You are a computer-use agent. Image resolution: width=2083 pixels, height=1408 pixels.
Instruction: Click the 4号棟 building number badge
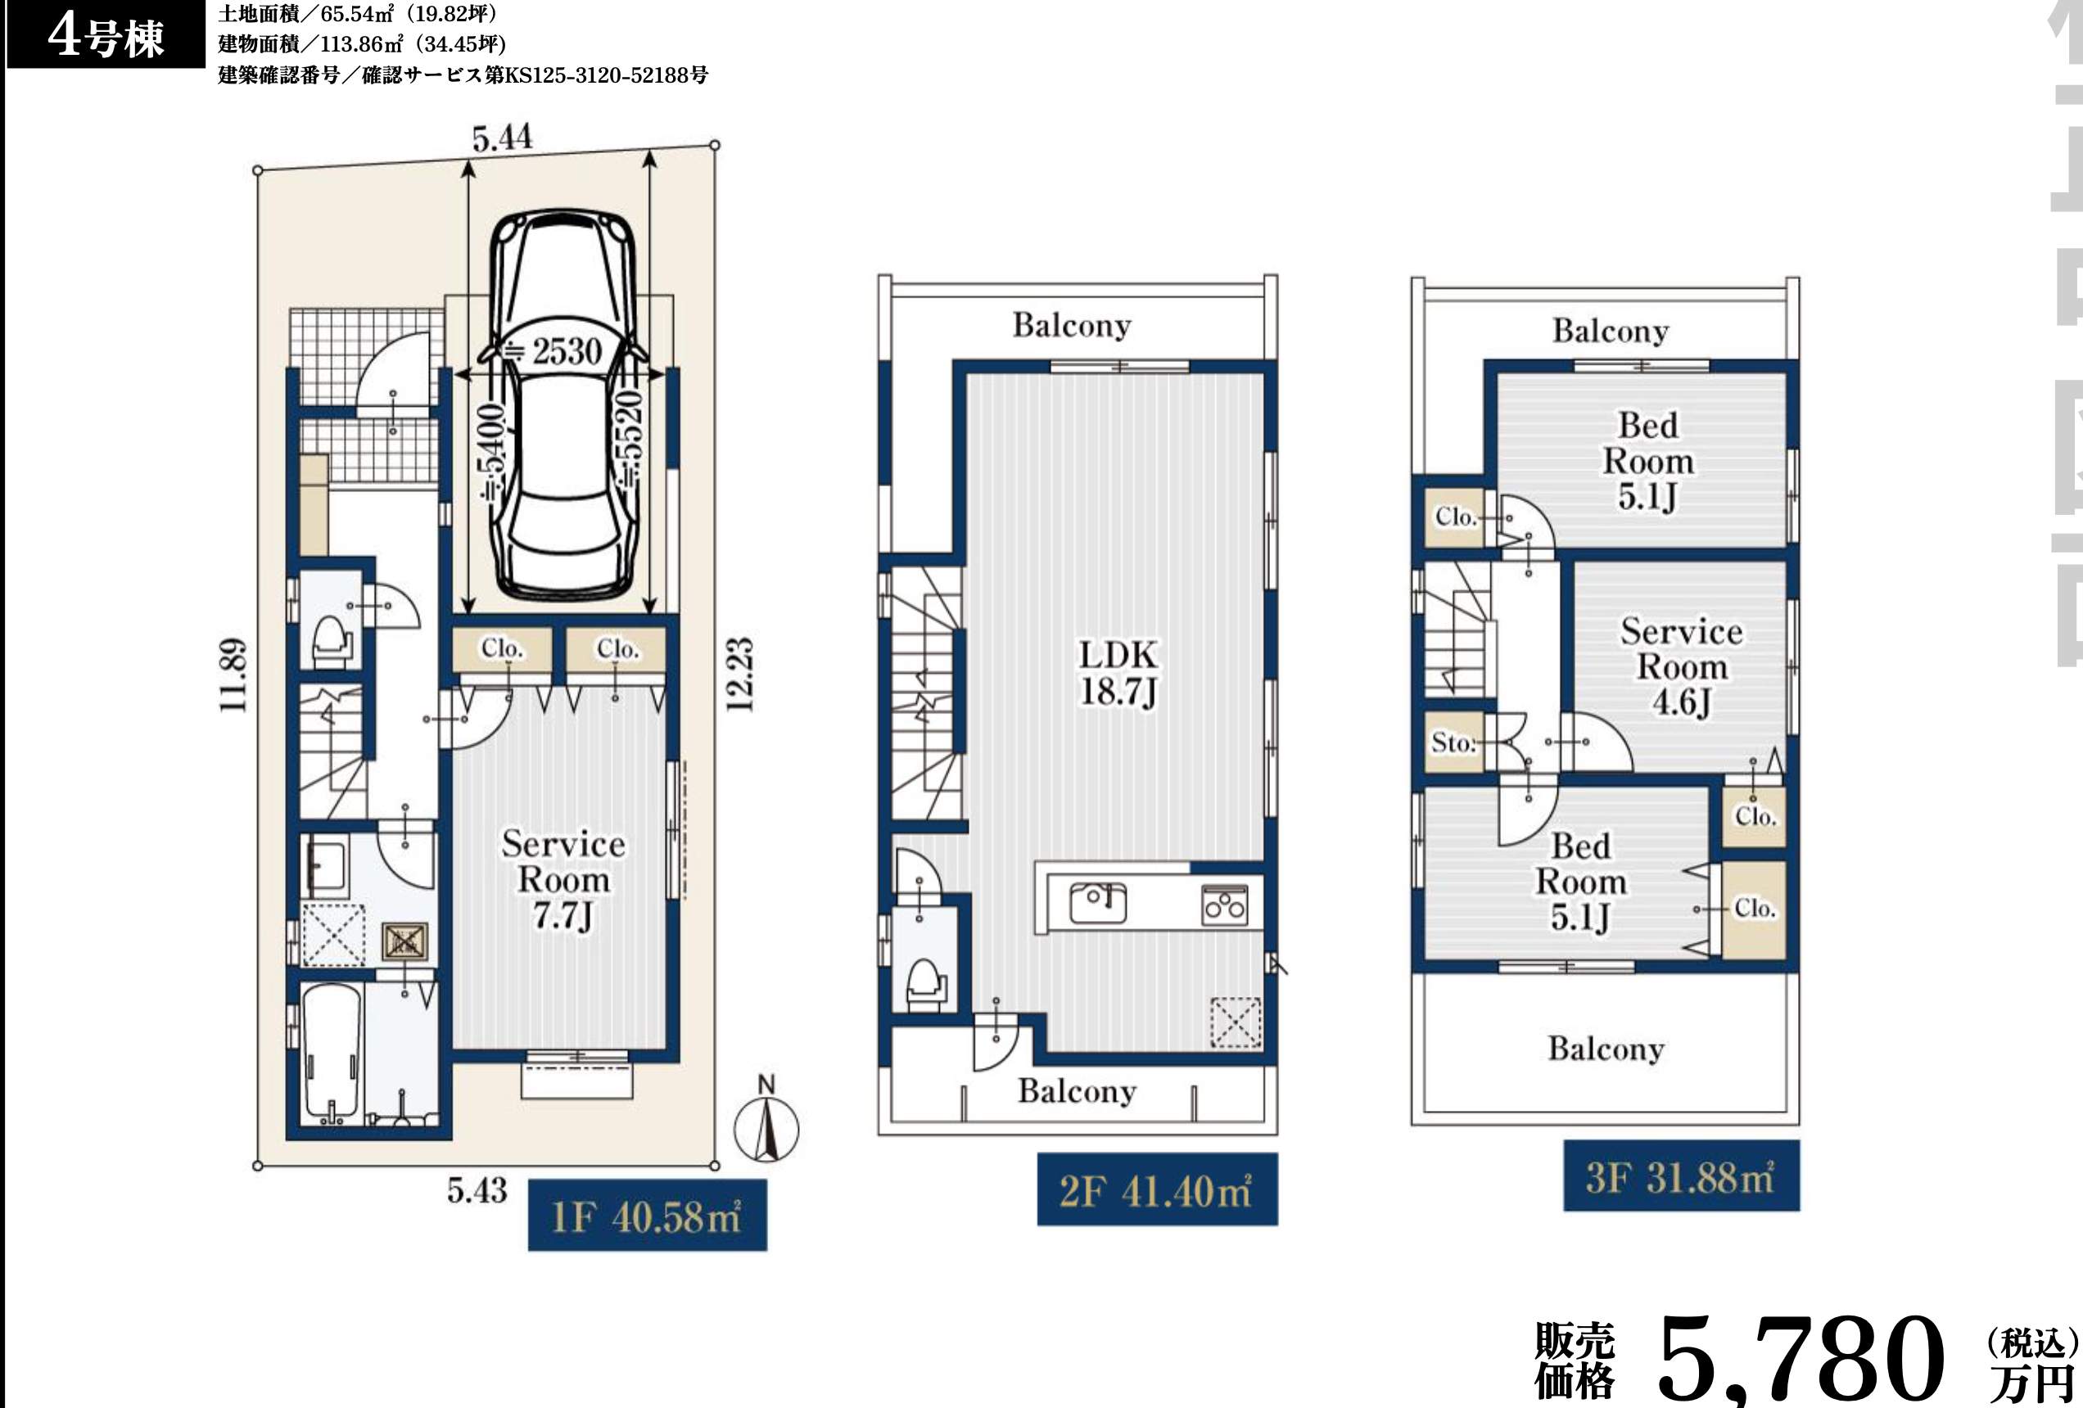tap(106, 37)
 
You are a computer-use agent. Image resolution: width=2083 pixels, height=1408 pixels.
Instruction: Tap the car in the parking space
tap(562, 404)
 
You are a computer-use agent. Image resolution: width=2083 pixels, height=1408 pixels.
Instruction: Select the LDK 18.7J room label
tap(1118, 673)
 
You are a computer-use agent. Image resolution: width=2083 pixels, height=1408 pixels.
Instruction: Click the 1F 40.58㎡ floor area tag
tap(647, 1216)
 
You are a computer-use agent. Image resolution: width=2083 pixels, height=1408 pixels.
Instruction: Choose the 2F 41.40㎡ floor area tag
tap(1157, 1190)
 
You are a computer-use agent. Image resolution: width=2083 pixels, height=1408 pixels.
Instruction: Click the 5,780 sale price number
tap(1801, 1361)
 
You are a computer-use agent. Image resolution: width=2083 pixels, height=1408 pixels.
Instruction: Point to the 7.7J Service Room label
tap(563, 880)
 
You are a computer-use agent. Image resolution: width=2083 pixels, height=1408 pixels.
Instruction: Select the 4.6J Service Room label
tap(1682, 667)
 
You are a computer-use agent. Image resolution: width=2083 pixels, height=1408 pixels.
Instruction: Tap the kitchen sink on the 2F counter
tap(1098, 903)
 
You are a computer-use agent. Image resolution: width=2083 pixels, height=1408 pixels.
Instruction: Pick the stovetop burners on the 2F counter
tap(1224, 905)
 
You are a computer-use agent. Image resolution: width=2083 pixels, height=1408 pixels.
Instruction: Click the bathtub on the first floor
tap(331, 1055)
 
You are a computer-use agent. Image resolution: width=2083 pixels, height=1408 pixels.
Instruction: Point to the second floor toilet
tap(928, 983)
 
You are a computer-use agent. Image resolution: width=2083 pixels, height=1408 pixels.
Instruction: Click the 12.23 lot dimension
tap(739, 675)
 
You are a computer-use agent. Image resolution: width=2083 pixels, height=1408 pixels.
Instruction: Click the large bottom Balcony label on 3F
tap(1606, 1049)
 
